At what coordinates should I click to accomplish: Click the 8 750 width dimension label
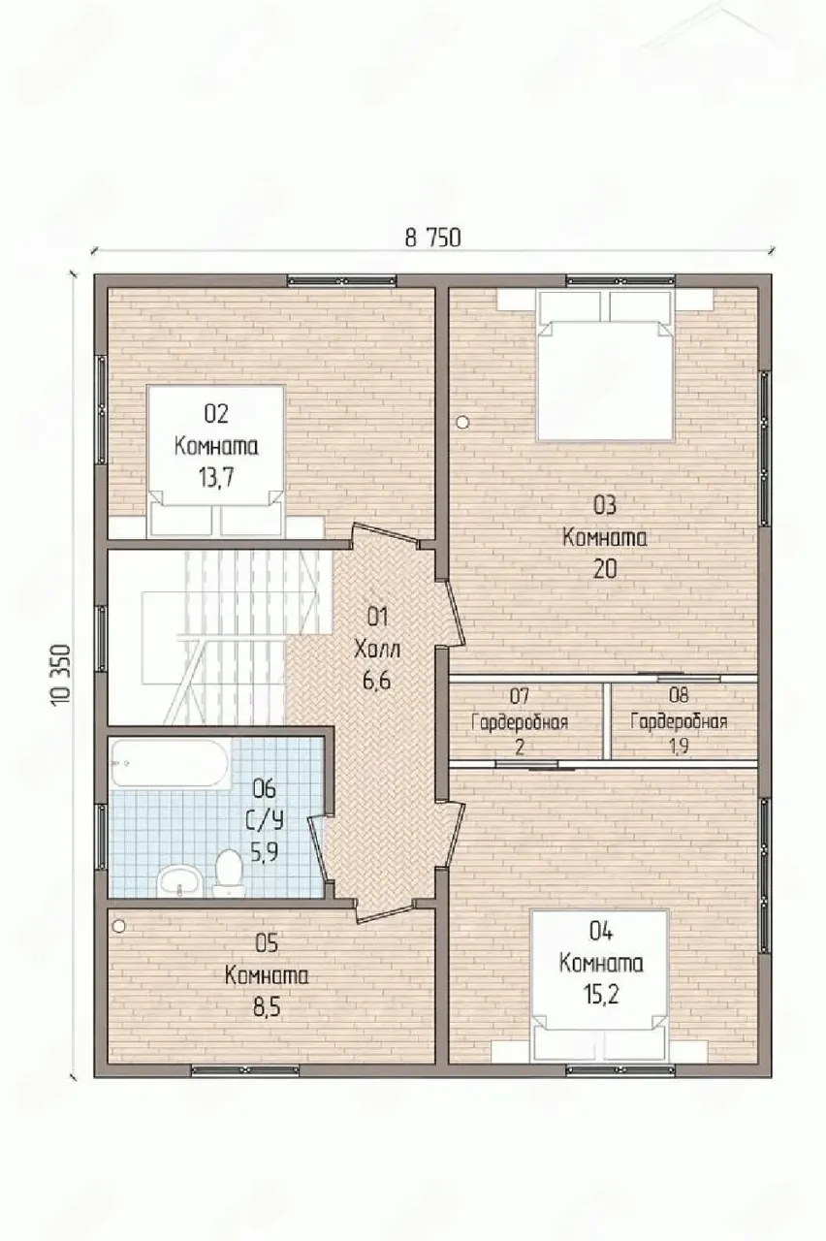(432, 238)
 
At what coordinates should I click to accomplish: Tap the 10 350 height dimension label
(61, 674)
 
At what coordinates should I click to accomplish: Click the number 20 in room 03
(605, 569)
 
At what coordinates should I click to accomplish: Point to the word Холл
(377, 649)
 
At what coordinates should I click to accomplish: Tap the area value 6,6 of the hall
(377, 680)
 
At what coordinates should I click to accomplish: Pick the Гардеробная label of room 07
(520, 723)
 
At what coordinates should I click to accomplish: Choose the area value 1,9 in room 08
(679, 747)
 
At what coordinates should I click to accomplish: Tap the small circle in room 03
(463, 423)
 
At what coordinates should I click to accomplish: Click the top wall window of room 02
(342, 280)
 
